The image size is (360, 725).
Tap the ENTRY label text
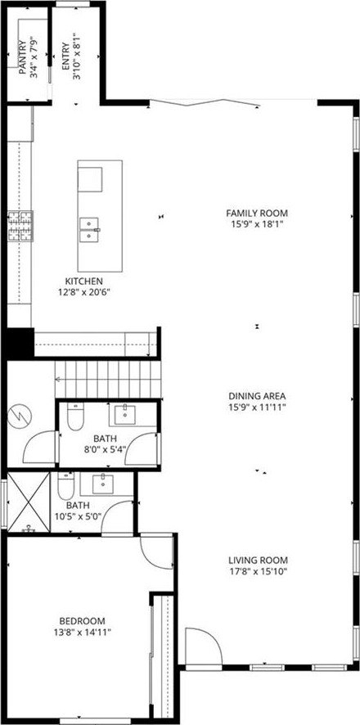point(65,57)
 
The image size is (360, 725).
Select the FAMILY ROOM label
point(257,213)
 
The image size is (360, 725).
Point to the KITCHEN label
point(83,281)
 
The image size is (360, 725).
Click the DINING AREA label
point(257,396)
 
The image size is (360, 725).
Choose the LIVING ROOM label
point(258,560)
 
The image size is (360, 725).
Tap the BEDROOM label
point(82,621)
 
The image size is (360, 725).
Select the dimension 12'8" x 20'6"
point(83,292)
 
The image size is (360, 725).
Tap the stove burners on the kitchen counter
point(20,226)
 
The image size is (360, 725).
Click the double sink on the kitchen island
point(90,230)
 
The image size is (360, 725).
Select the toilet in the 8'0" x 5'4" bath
point(75,416)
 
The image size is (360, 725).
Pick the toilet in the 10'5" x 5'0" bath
point(65,485)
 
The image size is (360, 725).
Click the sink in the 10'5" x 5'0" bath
point(101,484)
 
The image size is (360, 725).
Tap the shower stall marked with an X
point(29,502)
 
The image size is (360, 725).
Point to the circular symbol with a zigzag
point(20,417)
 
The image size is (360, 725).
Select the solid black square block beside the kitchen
point(20,343)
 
